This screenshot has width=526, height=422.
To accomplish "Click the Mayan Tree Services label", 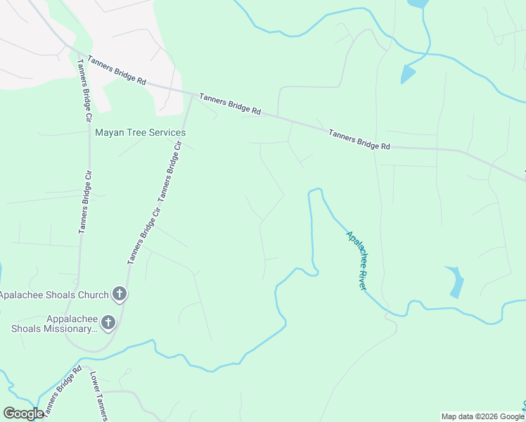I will (141, 132).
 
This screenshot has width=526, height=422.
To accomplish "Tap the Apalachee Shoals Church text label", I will (54, 295).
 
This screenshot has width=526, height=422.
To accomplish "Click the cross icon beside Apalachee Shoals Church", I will (120, 294).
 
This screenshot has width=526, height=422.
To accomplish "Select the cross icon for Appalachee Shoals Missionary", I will (108, 323).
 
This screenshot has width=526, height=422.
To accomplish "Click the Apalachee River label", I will (356, 260).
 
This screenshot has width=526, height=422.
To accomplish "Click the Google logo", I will (23, 414).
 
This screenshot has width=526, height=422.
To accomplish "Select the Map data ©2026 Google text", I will (482, 416).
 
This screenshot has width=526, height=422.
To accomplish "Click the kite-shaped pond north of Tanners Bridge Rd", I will (407, 72).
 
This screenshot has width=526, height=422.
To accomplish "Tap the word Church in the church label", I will (93, 295).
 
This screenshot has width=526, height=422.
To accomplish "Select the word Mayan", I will (109, 132).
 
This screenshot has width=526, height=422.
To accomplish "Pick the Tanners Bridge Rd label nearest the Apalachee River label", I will (358, 139).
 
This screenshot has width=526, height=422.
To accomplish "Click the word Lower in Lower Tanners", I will (94, 383).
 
